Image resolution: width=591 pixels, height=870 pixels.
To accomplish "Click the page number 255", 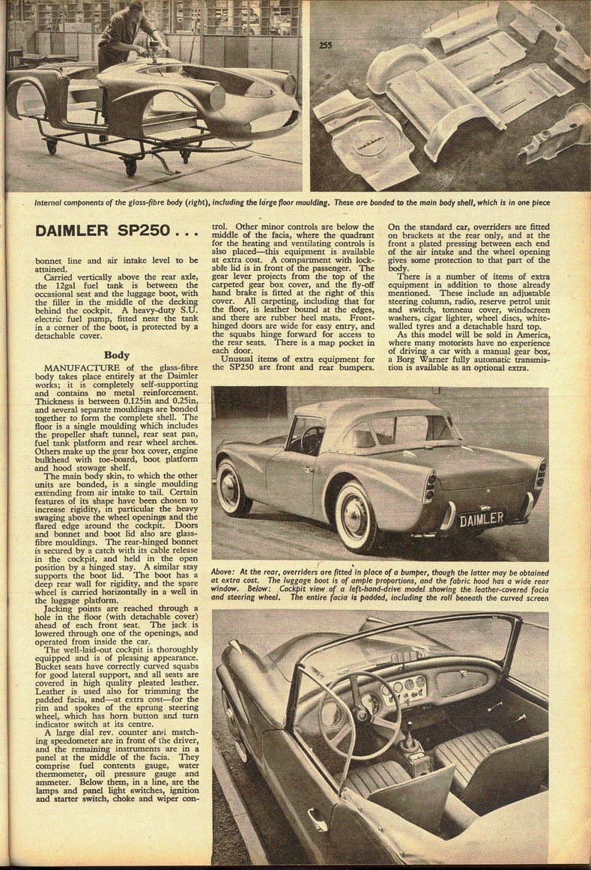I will pos(325,45).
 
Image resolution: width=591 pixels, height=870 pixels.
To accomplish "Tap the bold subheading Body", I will pos(116,354).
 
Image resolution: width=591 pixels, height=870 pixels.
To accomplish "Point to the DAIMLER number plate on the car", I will pos(481,519).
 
